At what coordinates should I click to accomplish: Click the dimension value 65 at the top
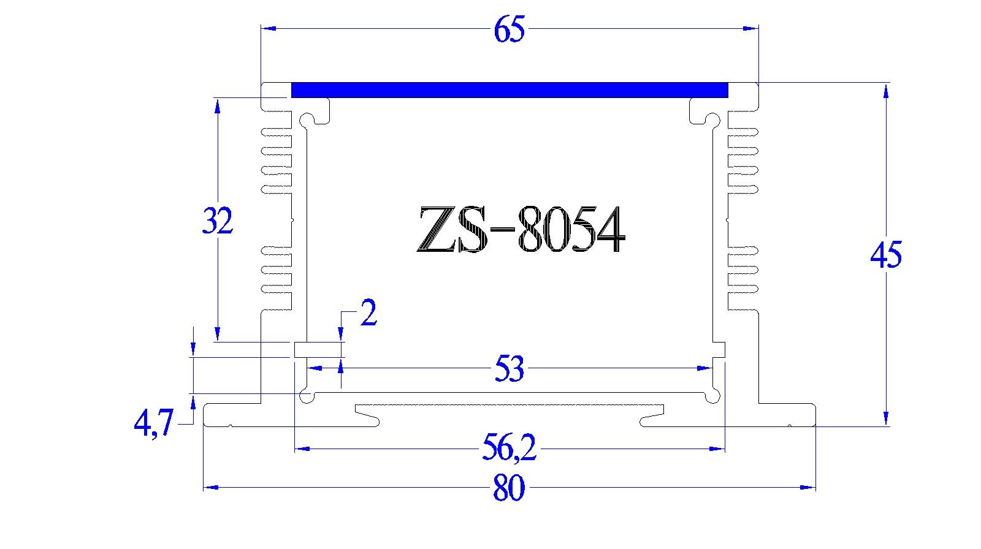point(510,30)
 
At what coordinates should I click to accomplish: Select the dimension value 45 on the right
point(886,254)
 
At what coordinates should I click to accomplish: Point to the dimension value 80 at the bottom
point(509,490)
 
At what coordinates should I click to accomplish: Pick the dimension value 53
point(509,370)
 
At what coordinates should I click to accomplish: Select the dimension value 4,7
point(154,423)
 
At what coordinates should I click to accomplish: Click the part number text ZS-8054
point(520,230)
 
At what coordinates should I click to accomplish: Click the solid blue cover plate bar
point(509,90)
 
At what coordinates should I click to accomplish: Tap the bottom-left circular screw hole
point(307,397)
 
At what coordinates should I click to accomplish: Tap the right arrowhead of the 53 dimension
point(705,368)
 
